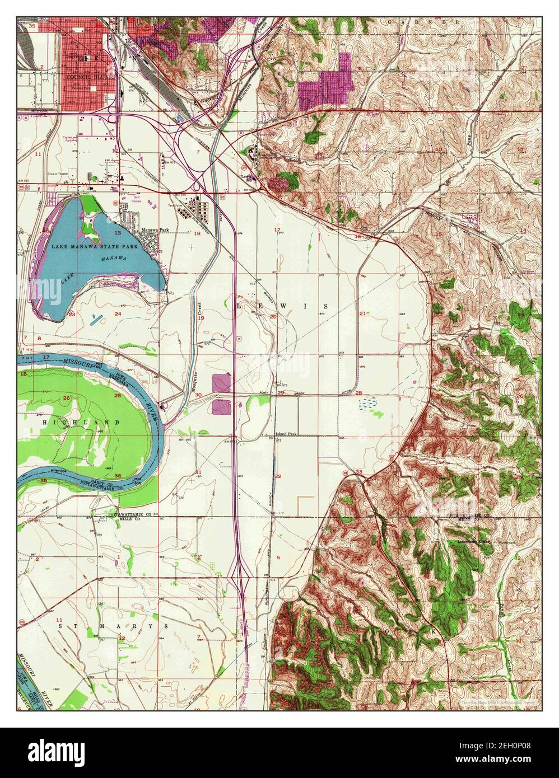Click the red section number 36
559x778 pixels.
pos(118,476)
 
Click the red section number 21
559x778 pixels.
pos(363,313)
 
